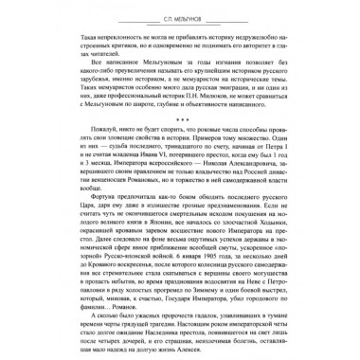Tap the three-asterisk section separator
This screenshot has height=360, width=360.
pyautogui.click(x=180, y=135)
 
